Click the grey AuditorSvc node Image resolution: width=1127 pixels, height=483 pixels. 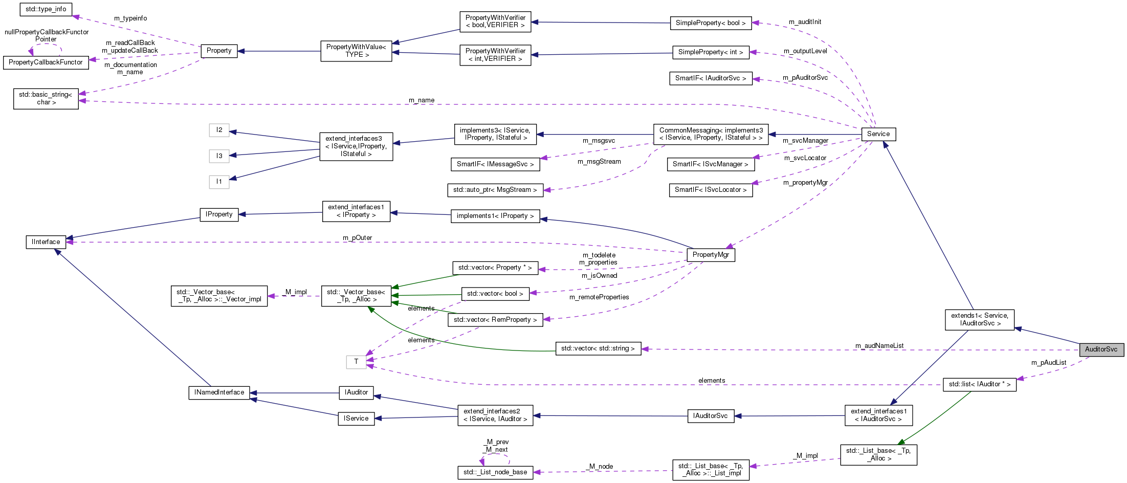[1101, 349]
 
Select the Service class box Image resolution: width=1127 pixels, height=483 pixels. [878, 134]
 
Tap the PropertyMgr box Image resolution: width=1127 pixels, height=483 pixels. [710, 255]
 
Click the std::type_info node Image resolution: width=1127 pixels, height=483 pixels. [46, 9]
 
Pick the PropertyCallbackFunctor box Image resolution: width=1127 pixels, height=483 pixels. [45, 62]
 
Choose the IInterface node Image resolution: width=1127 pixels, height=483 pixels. [46, 242]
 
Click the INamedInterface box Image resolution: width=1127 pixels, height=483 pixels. [219, 392]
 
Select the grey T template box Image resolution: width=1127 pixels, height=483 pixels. [356, 362]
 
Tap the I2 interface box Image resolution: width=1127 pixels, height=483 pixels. [219, 130]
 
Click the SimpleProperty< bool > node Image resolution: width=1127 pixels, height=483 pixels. [710, 23]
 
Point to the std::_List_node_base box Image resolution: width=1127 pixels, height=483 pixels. [495, 472]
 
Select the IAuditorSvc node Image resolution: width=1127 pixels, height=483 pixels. [710, 416]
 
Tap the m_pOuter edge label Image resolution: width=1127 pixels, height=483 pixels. [357, 238]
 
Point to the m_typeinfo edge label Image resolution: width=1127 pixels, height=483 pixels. [130, 18]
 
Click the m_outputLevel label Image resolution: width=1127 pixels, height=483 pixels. [805, 51]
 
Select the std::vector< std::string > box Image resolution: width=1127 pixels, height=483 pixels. [598, 348]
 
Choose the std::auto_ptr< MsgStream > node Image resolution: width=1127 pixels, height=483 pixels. [495, 190]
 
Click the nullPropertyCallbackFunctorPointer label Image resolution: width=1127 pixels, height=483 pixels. [47, 35]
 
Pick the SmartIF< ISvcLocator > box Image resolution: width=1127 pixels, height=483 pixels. [710, 190]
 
